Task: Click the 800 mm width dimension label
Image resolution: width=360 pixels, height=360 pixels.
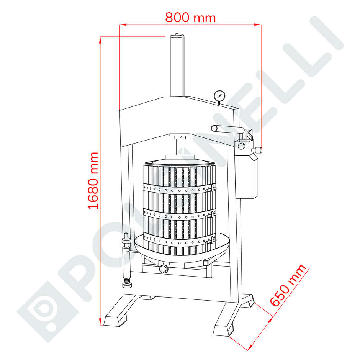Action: [x=190, y=17]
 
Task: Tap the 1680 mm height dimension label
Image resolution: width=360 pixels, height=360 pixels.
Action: [x=93, y=180]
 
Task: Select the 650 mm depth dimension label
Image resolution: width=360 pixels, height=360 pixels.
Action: [x=288, y=285]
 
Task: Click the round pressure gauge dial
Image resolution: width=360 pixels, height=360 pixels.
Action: [x=219, y=95]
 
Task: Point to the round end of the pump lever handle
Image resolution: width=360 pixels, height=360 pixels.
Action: [x=214, y=129]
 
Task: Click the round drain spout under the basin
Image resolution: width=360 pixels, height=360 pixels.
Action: [x=164, y=269]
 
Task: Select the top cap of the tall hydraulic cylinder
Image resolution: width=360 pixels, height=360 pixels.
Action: [x=177, y=36]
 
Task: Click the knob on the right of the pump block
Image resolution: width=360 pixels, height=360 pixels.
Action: [x=259, y=149]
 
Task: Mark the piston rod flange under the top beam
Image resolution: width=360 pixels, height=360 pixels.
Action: [x=179, y=137]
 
